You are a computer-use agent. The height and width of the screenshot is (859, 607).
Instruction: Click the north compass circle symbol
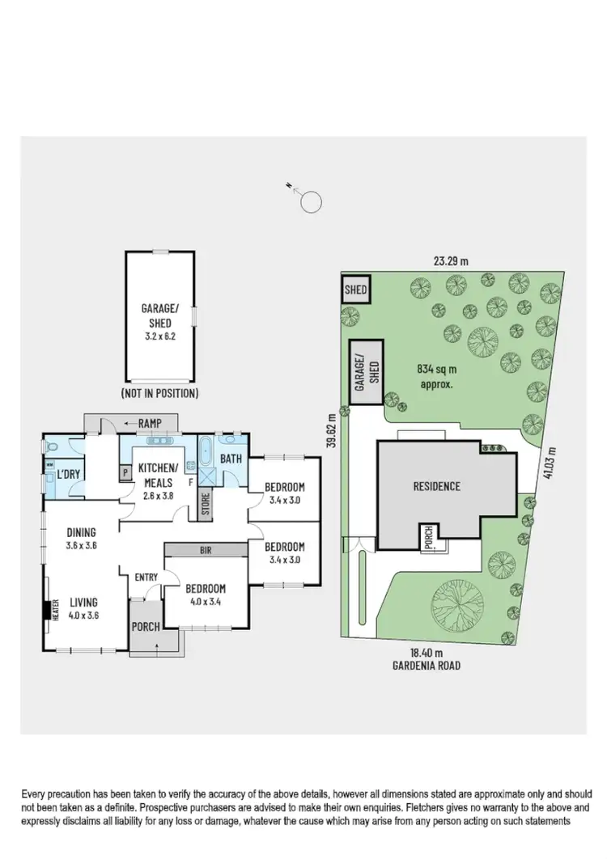[x=312, y=201]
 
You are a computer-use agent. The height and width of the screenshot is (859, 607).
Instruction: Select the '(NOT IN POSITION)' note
[x=159, y=394]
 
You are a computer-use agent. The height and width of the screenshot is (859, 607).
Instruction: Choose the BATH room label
[x=231, y=459]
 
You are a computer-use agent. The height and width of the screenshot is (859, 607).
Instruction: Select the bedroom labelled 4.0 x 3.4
[x=205, y=594]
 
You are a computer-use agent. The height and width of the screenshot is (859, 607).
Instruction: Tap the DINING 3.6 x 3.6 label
[x=82, y=538]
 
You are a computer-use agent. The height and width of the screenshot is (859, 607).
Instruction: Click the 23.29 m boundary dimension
[x=451, y=261]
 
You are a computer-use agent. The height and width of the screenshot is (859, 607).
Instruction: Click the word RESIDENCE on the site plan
[x=437, y=486]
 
